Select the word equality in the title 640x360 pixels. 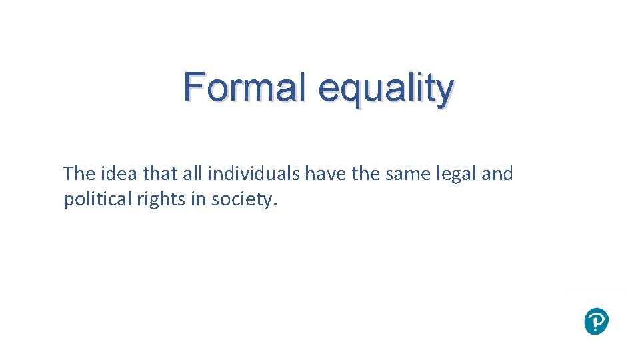point(386,91)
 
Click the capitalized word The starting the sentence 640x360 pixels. point(79,174)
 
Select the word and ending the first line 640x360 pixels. point(497,174)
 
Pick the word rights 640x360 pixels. point(146,200)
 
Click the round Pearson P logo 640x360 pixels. point(596,322)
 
